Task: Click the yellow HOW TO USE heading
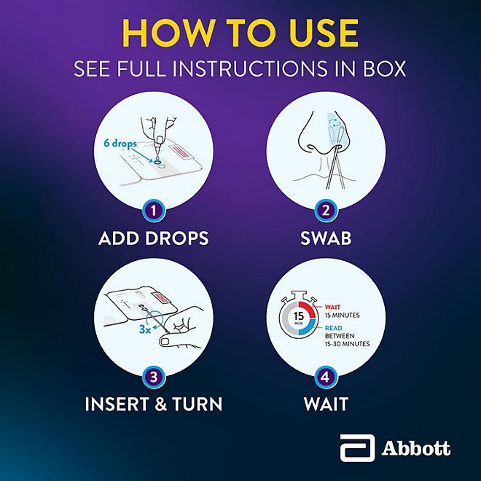pos(240,32)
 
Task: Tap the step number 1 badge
pos(153,211)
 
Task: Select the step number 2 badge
pos(326,211)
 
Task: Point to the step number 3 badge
pos(153,377)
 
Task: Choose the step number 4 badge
pos(326,377)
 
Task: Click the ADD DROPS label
pos(153,238)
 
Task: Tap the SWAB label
pos(326,238)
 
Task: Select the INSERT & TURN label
pos(153,403)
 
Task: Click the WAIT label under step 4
pos(326,403)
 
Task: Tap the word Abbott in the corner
pos(415,448)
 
